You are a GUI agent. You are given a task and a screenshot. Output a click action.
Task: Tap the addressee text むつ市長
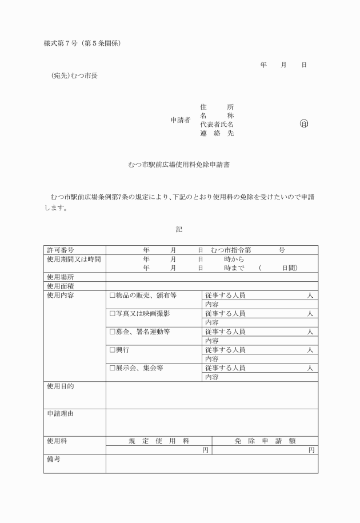pyautogui.click(x=84, y=75)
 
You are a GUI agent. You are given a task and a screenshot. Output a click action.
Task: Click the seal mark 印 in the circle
pyautogui.click(x=303, y=124)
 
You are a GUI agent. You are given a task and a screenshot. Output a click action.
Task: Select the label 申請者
pyautogui.click(x=181, y=120)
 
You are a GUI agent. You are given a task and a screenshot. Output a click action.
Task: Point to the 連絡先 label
pyautogui.click(x=217, y=133)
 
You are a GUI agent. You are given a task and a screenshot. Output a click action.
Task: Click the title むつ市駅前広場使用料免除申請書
pyautogui.click(x=179, y=164)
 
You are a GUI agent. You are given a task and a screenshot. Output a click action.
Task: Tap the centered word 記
pyautogui.click(x=179, y=229)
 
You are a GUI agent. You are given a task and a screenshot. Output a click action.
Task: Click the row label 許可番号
pyautogui.click(x=61, y=250)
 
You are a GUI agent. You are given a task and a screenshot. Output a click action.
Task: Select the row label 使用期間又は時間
pyautogui.click(x=74, y=259)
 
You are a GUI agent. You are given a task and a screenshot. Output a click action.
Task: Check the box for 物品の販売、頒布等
pyautogui.click(x=112, y=296)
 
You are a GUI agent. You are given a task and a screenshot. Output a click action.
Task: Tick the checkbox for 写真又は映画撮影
pyautogui.click(x=112, y=314)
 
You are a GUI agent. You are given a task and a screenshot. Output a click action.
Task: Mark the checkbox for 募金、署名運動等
pyautogui.click(x=112, y=332)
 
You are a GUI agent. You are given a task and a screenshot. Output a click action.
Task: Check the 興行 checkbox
pyautogui.click(x=112, y=350)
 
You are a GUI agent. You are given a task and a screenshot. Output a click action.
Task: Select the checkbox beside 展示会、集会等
pyautogui.click(x=112, y=368)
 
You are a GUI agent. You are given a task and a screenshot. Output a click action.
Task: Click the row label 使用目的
pyautogui.click(x=61, y=386)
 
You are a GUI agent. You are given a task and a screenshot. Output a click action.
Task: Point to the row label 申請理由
pyautogui.click(x=61, y=414)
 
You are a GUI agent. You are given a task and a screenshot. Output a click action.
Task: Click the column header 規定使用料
pyautogui.click(x=159, y=441)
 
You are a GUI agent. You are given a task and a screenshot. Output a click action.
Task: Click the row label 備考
pyautogui.click(x=54, y=459)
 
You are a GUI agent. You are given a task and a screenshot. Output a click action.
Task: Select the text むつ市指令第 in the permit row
pyautogui.click(x=231, y=250)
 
